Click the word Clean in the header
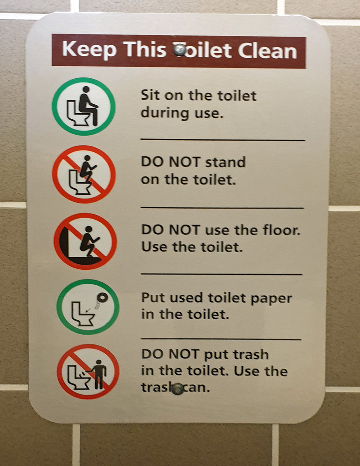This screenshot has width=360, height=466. click(267, 51)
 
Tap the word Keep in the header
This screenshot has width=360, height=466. click(89, 49)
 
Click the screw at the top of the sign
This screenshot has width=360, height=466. click(180, 49)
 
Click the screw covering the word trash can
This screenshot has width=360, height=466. click(178, 389)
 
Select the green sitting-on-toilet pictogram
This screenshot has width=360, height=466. click(83, 106)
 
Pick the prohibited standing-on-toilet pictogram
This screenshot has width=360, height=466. click(84, 174)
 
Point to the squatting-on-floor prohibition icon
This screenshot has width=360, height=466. click(85, 241)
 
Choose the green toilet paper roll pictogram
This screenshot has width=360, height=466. click(88, 307)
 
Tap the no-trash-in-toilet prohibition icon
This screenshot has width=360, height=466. click(88, 371)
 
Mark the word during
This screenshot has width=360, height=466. click(165, 113)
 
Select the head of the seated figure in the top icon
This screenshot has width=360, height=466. click(86, 89)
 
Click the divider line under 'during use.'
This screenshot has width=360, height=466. click(223, 139)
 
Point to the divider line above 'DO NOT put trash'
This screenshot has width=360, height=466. click(221, 338)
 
